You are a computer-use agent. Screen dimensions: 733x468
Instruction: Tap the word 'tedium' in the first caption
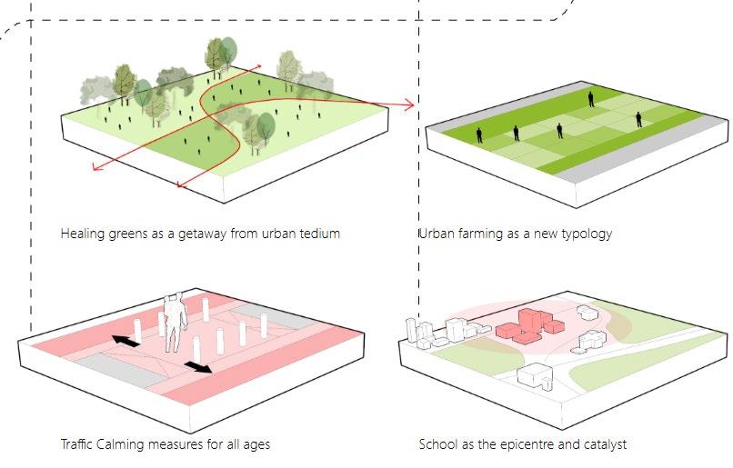click(x=319, y=234)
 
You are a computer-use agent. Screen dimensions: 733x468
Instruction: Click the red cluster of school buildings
click(x=527, y=325)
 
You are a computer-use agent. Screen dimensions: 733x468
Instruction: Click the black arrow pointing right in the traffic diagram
click(x=198, y=367)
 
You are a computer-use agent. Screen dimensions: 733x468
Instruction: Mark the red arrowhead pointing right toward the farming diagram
click(x=409, y=105)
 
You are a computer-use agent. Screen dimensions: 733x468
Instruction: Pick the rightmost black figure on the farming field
click(x=639, y=118)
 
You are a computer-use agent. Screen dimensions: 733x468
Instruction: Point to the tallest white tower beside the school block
click(x=412, y=332)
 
